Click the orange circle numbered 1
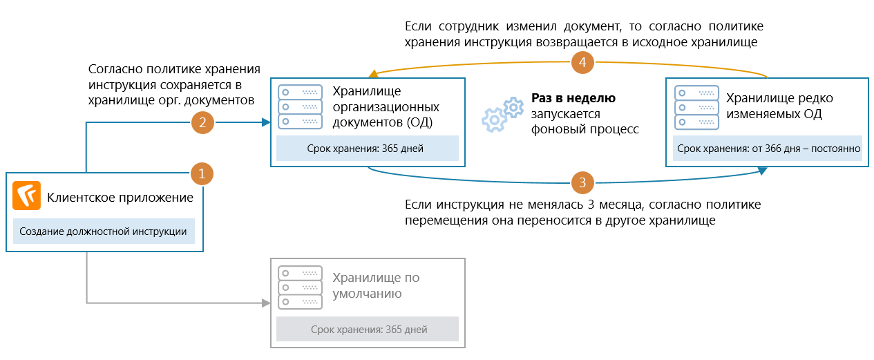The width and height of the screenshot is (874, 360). click(201, 173)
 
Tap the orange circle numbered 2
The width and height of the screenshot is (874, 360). click(202, 124)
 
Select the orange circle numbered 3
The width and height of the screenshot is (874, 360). click(582, 183)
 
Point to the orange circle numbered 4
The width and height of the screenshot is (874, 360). click(583, 63)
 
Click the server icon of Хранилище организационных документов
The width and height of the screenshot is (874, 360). click(300, 106)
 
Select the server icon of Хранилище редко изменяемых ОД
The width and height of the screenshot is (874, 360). click(696, 106)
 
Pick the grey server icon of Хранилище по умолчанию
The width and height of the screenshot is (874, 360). click(300, 287)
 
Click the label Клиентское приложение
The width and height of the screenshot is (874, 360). click(120, 198)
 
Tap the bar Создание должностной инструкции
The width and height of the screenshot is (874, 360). click(104, 231)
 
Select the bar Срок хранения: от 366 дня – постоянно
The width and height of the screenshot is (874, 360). click(768, 149)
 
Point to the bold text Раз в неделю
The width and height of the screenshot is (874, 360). click(573, 98)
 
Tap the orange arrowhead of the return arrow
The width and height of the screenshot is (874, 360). click(371, 74)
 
